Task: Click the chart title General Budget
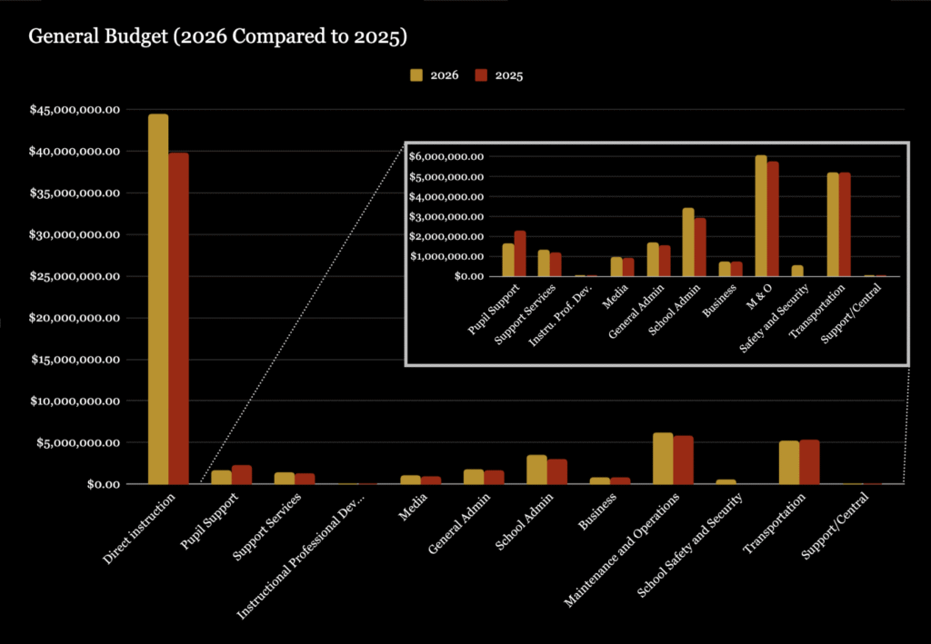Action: pos(217,37)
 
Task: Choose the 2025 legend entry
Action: pos(501,75)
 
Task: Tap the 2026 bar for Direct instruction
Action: pos(158,300)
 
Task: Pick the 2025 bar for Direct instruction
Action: pos(178,319)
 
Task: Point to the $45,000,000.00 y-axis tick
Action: pos(75,110)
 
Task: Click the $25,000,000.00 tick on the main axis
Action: pos(75,276)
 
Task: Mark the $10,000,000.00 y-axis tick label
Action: pos(75,401)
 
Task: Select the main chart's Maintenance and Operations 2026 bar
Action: pos(663,459)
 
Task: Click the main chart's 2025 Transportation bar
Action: pos(809,462)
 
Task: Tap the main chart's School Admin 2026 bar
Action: pos(536,470)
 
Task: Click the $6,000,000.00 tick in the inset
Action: pos(445,157)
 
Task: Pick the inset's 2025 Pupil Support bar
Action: pos(520,253)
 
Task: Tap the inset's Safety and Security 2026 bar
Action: pos(797,271)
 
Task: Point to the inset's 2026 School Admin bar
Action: pos(688,243)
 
